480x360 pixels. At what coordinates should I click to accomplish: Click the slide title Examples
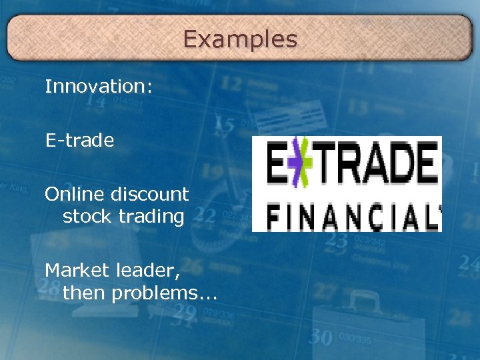240,39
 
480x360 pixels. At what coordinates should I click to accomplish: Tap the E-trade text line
79,141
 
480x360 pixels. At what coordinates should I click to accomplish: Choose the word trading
151,217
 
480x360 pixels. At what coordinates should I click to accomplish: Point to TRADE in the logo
377,163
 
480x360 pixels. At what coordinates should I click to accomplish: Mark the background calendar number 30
321,337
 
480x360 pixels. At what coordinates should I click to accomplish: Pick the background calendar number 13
358,107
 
